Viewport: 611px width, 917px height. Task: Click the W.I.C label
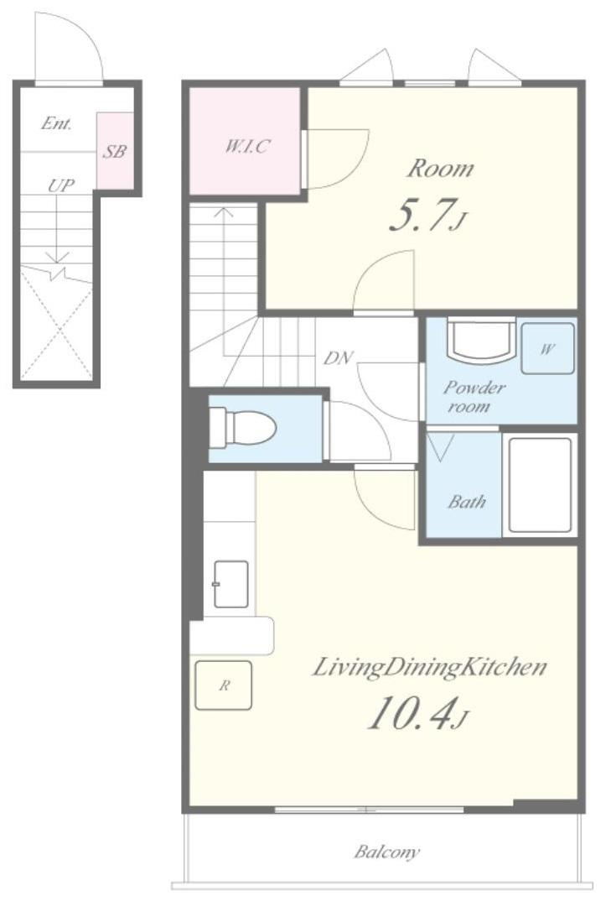[247, 146]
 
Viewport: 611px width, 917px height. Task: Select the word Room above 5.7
[440, 169]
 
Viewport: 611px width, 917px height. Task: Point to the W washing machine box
[547, 349]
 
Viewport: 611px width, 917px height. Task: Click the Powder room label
[474, 396]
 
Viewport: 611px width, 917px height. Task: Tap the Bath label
[467, 501]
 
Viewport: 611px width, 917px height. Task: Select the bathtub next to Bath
[540, 485]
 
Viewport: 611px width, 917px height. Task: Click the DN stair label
[339, 358]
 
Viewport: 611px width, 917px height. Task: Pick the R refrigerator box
[223, 685]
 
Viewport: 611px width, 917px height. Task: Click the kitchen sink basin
[231, 584]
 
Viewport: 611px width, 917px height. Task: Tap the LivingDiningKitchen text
[429, 667]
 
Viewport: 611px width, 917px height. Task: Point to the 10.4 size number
[411, 715]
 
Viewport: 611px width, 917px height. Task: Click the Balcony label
[386, 852]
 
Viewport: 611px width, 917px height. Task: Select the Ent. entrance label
[56, 123]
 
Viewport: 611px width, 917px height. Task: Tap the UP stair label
[60, 185]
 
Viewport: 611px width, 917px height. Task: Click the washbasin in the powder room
[481, 341]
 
